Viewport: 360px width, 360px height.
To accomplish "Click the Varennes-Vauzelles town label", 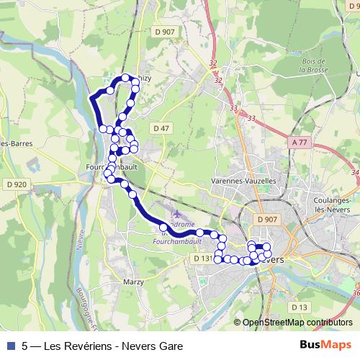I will pyautogui.click(x=244, y=181).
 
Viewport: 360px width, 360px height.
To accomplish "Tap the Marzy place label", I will pyautogui.click(x=133, y=282).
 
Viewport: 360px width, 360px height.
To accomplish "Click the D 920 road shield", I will pyautogui.click(x=16, y=184).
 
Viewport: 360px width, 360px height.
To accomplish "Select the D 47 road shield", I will pyautogui.click(x=161, y=127).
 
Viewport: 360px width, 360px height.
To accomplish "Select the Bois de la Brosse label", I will pyautogui.click(x=314, y=66).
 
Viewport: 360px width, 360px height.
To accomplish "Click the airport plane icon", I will pyautogui.click(x=177, y=213).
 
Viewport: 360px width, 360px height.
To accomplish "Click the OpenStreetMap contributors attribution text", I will pyautogui.click(x=297, y=323).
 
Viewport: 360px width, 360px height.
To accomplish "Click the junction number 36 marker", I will pyautogui.click(x=357, y=293).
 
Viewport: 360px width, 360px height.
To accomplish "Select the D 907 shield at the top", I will pyautogui.click(x=165, y=31).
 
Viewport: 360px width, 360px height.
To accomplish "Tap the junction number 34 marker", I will pyautogui.click(x=355, y=173).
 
